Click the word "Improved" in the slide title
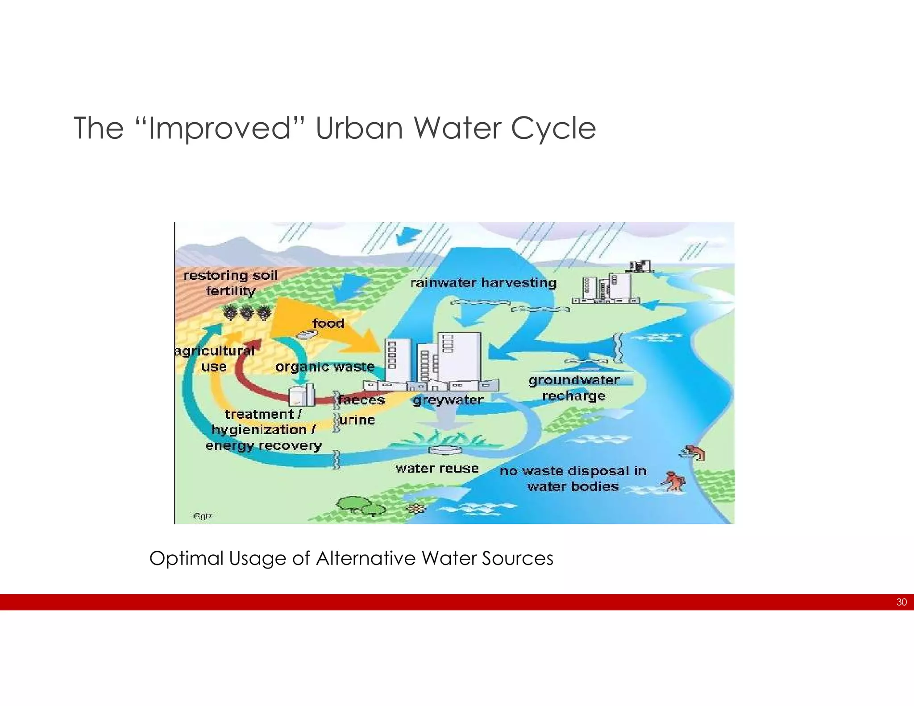pyautogui.click(x=219, y=129)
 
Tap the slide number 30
pyautogui.click(x=901, y=602)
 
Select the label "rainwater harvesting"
pyautogui.click(x=483, y=283)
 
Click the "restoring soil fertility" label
pyautogui.click(x=231, y=283)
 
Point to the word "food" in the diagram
pyautogui.click(x=328, y=323)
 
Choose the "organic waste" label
pyautogui.click(x=325, y=367)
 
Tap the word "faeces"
pyautogui.click(x=361, y=399)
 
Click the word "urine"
pyautogui.click(x=357, y=420)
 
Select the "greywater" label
pyautogui.click(x=448, y=400)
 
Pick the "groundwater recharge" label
pyautogui.click(x=574, y=388)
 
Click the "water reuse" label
pyautogui.click(x=437, y=468)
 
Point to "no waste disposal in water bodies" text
pyautogui.click(x=573, y=478)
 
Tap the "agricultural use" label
pyautogui.click(x=215, y=359)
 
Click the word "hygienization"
pyautogui.click(x=259, y=430)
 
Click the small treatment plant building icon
pyautogui.click(x=302, y=395)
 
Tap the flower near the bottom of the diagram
pyautogui.click(x=416, y=508)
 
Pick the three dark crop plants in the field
pyautogui.click(x=247, y=312)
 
